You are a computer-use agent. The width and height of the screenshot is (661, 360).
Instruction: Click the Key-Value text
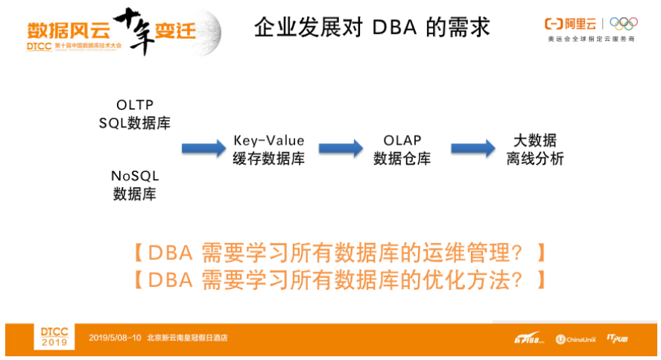(268, 141)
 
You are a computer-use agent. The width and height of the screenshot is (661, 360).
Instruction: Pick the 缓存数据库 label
(268, 159)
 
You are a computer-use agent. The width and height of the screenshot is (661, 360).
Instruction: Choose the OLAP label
(402, 141)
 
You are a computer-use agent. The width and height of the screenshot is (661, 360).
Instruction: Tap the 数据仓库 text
(402, 159)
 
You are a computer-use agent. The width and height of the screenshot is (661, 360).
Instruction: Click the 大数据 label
(535, 141)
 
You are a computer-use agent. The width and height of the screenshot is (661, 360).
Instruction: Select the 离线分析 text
(535, 159)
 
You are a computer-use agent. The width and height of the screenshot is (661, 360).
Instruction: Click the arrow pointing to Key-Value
(203, 148)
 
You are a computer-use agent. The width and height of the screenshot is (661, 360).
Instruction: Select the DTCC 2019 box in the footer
(54, 337)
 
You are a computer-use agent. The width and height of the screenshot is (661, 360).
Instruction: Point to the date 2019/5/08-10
(115, 338)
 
